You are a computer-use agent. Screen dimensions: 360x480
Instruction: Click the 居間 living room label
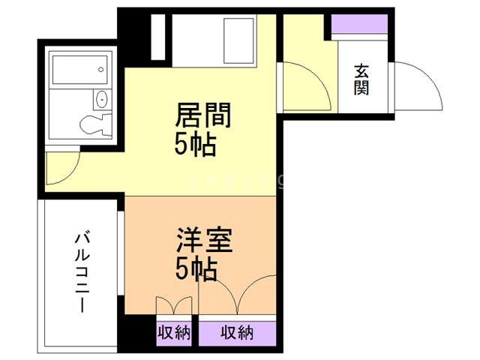pos(202,116)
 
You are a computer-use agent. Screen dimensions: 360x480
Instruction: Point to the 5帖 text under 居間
pos(196,144)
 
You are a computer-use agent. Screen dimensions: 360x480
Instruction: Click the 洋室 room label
pos(205,242)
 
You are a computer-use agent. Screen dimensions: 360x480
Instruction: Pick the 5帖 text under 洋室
pos(196,268)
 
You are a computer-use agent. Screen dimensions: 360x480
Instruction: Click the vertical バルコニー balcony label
pos(80,271)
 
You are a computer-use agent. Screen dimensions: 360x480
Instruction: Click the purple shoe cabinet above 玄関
pos(358,25)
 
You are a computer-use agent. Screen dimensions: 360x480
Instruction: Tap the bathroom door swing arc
pos(60,169)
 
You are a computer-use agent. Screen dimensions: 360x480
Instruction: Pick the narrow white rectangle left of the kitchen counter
pos(157,37)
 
